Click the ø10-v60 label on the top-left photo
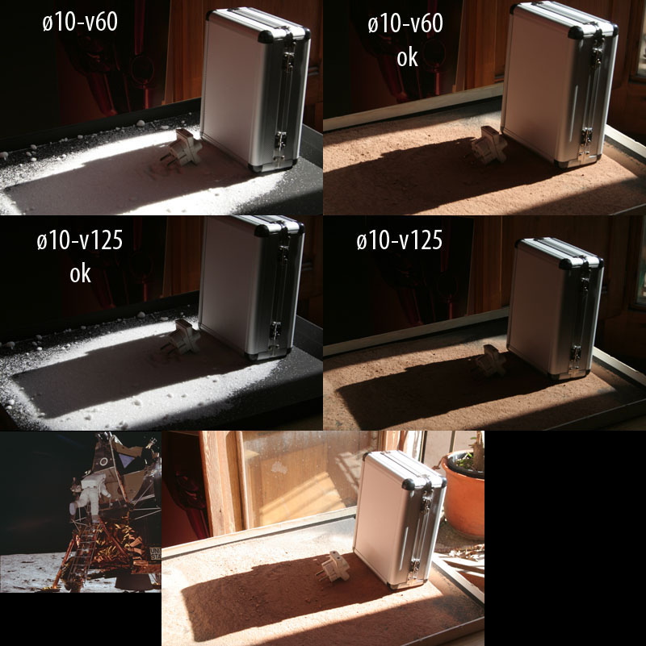[80, 22]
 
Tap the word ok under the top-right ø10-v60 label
[407, 58]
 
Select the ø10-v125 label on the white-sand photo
[80, 240]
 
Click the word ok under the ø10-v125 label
[80, 273]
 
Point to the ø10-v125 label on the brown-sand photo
[400, 240]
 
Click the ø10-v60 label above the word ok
[405, 23]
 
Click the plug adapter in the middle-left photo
[180, 336]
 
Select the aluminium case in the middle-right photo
[555, 308]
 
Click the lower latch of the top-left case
[281, 141]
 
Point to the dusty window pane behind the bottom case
[305, 477]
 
